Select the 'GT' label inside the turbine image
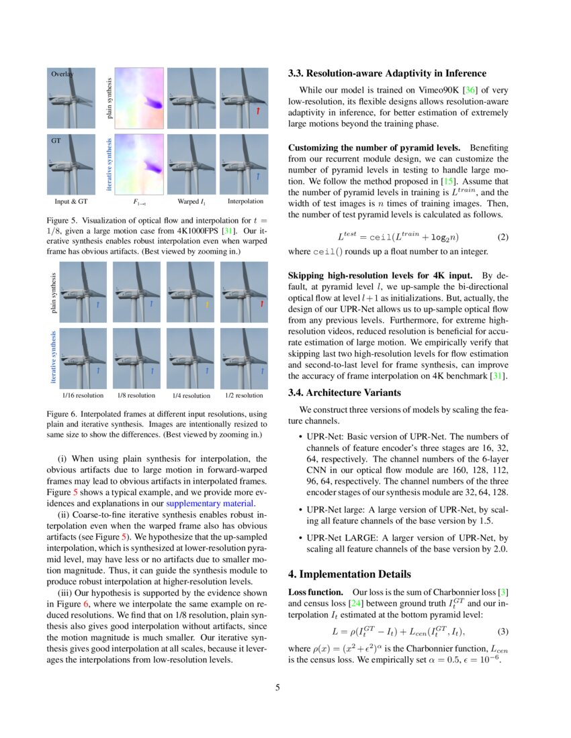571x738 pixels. pos(56,142)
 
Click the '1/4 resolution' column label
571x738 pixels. pos(191,396)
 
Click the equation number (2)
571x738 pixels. pos(502,238)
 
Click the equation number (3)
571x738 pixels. pos(502,632)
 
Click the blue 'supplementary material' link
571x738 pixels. pos(210,503)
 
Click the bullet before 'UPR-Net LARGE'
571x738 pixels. pos(299,538)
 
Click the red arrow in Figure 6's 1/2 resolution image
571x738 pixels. pos(260,305)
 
